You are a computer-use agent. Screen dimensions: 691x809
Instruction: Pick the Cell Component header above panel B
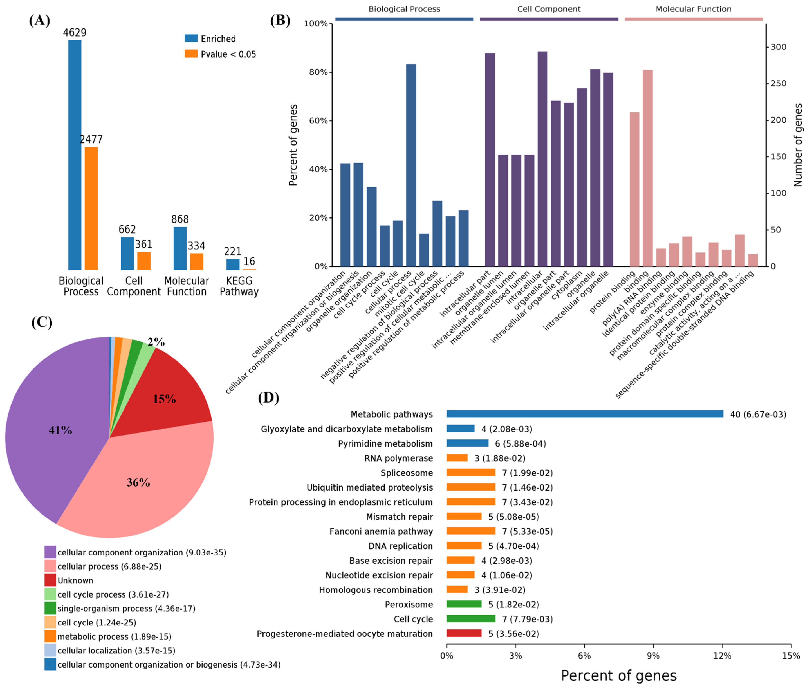[549, 9]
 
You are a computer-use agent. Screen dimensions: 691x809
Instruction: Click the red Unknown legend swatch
[50, 580]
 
